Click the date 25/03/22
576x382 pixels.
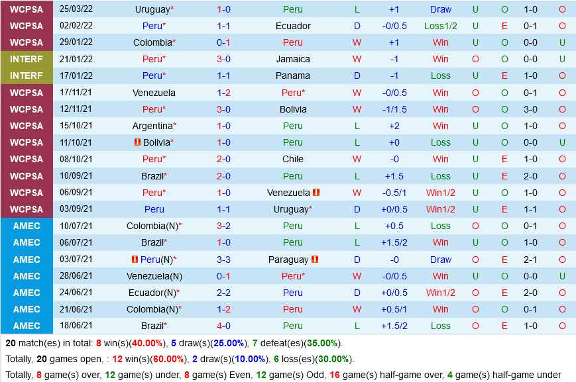pos(76,9)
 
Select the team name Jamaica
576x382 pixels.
pos(293,59)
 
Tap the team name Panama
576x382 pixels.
pos(293,75)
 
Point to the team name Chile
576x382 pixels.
pos(293,159)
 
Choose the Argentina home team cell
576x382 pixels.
pos(154,126)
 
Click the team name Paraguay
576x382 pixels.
pos(288,260)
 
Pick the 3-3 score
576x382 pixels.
pos(223,260)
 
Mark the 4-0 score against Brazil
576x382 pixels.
pos(223,326)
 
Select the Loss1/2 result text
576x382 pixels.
pos(441,26)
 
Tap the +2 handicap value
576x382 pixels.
pos(394,126)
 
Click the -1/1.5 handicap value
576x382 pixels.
pos(394,109)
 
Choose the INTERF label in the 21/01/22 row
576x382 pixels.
pos(27,59)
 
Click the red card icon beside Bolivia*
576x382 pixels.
pos(137,142)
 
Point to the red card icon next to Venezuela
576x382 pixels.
pos(316,193)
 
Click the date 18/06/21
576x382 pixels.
pos(76,326)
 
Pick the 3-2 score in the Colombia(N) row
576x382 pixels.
pos(223,226)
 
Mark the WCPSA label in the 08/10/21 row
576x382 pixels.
pos(27,159)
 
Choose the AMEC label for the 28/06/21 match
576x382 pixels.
pos(27,276)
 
